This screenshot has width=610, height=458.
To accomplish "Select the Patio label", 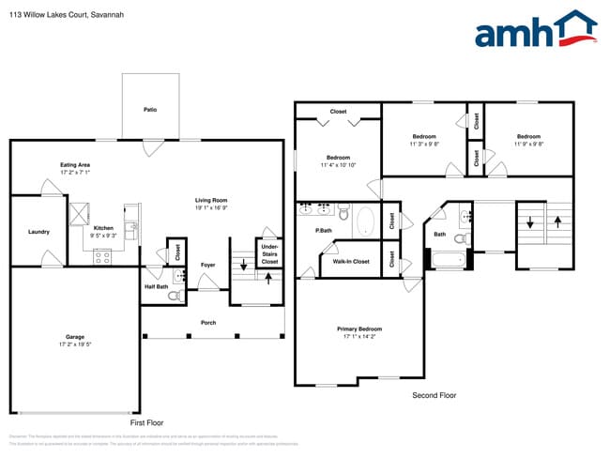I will click(x=150, y=110).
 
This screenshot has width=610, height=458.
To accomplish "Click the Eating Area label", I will click(x=74, y=164).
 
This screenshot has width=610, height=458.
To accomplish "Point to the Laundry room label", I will click(x=38, y=232).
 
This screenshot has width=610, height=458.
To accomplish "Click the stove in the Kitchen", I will click(x=102, y=256).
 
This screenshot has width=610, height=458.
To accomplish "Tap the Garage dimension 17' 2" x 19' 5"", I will click(x=74, y=344).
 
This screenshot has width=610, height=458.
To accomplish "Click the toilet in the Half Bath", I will click(x=173, y=296).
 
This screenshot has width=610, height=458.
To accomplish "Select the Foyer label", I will click(x=207, y=265).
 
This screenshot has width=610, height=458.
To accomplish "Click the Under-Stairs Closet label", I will click(x=269, y=253).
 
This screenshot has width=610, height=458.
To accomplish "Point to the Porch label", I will click(x=208, y=323).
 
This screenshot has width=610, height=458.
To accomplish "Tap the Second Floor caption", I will click(x=435, y=396).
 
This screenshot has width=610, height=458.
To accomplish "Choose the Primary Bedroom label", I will click(x=359, y=328).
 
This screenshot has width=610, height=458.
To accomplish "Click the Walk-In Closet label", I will click(x=351, y=261).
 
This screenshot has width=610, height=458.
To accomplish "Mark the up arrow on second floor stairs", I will click(x=558, y=223).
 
